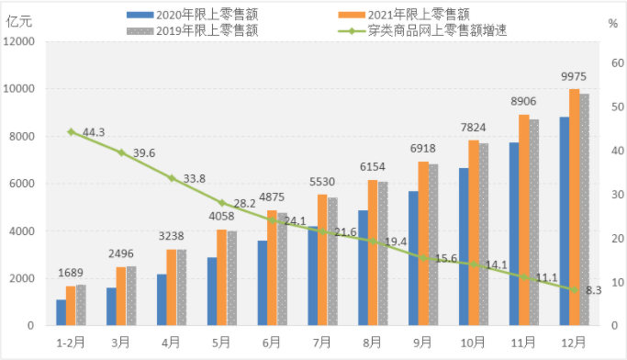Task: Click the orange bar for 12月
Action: click(575, 208)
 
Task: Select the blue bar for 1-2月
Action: click(61, 312)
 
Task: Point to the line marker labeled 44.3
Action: click(71, 131)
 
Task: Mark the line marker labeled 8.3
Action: click(575, 289)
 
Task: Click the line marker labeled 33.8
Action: click(171, 177)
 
